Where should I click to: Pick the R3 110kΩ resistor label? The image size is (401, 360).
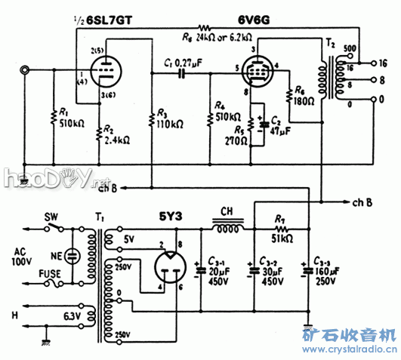click(x=169, y=118)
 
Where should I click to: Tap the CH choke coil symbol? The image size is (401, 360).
click(x=227, y=225)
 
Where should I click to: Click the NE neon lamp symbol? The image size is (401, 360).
click(x=72, y=256)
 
